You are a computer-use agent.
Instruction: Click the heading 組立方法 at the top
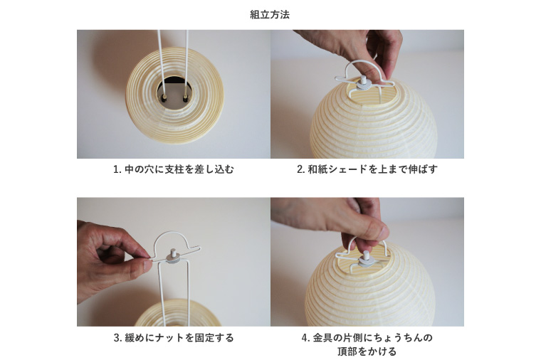270,14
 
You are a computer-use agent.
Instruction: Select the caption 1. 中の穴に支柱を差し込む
173,170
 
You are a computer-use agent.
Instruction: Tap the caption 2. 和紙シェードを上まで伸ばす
367,170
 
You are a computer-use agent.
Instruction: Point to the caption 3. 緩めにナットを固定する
173,338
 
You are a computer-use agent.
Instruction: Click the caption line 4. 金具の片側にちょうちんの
367,337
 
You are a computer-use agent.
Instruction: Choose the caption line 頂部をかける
367,351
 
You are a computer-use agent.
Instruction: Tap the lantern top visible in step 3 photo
174,313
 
